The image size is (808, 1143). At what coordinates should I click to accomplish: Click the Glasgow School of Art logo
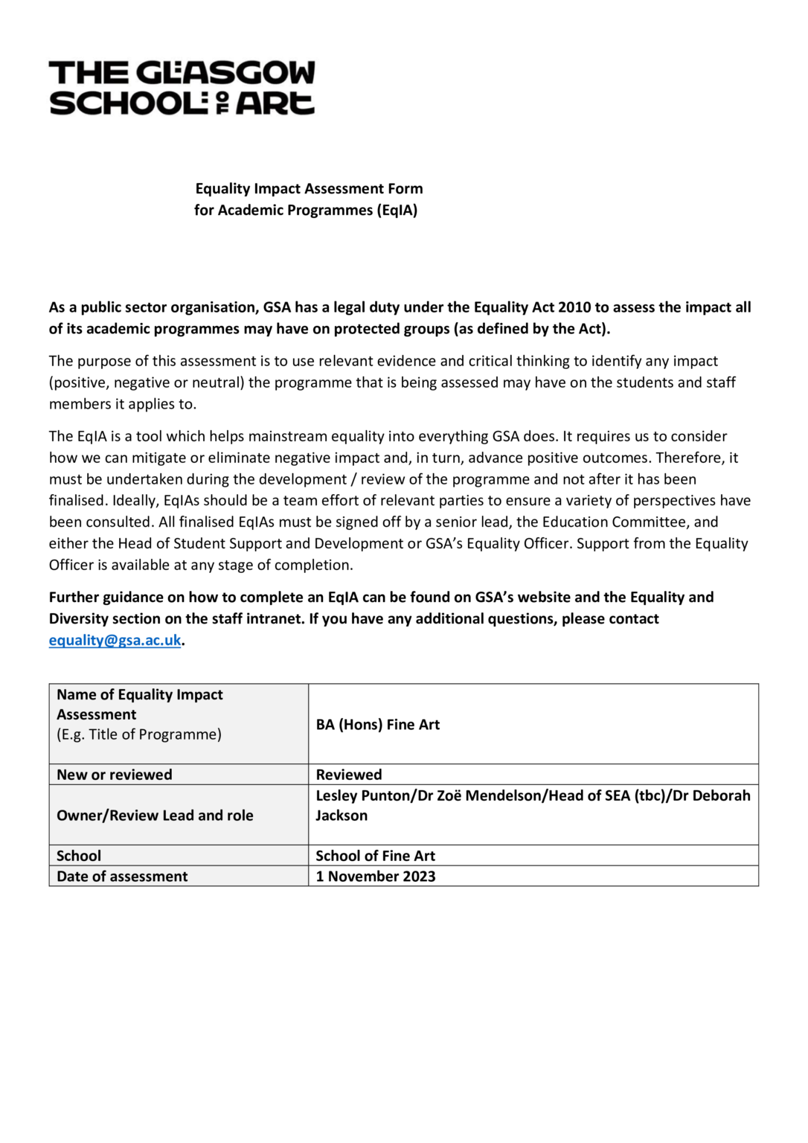coord(182,88)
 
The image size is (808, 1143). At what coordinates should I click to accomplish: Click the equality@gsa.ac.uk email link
coord(115,640)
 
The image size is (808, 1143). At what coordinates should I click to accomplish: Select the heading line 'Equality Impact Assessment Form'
coord(309,189)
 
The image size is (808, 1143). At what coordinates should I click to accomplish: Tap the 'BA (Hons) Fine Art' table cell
coord(378,725)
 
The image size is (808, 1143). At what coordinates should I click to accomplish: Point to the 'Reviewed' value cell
coord(349,775)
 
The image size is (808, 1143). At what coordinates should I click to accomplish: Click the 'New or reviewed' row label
coord(115,775)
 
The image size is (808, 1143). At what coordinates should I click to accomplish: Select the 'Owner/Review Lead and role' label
coord(155,816)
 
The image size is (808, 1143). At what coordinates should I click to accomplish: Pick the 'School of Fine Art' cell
coord(375,856)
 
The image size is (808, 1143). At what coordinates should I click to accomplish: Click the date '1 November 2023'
coord(376,877)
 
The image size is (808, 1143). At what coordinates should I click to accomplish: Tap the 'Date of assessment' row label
coord(122,877)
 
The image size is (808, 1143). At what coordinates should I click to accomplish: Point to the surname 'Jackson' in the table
coord(342,816)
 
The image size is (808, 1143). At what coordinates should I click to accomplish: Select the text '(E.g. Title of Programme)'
coord(139,734)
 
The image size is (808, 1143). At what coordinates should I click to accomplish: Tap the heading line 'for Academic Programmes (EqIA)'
coord(306,211)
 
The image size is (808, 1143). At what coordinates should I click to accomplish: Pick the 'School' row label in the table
coord(79,856)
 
